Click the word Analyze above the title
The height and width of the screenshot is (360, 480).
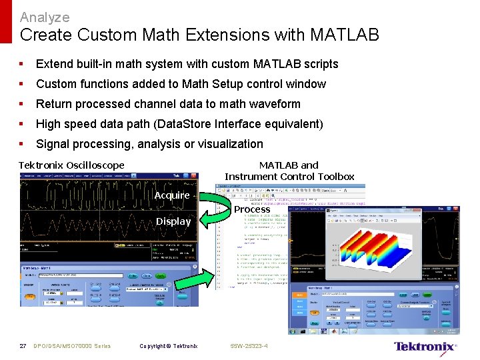click(45, 17)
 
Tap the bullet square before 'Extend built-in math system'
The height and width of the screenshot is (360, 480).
click(22, 64)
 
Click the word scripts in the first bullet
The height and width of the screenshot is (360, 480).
click(321, 64)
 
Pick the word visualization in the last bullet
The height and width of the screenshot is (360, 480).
click(230, 144)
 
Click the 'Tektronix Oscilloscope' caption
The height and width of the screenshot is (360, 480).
click(71, 165)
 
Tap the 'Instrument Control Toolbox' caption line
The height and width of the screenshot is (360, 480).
click(289, 177)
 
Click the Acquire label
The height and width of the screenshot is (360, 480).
click(172, 195)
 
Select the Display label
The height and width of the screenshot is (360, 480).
click(173, 221)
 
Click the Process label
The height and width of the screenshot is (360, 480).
click(252, 209)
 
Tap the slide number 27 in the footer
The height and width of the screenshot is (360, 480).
click(23, 346)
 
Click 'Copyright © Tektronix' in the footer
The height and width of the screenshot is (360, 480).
click(168, 346)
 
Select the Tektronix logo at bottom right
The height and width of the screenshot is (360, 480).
click(425, 346)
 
